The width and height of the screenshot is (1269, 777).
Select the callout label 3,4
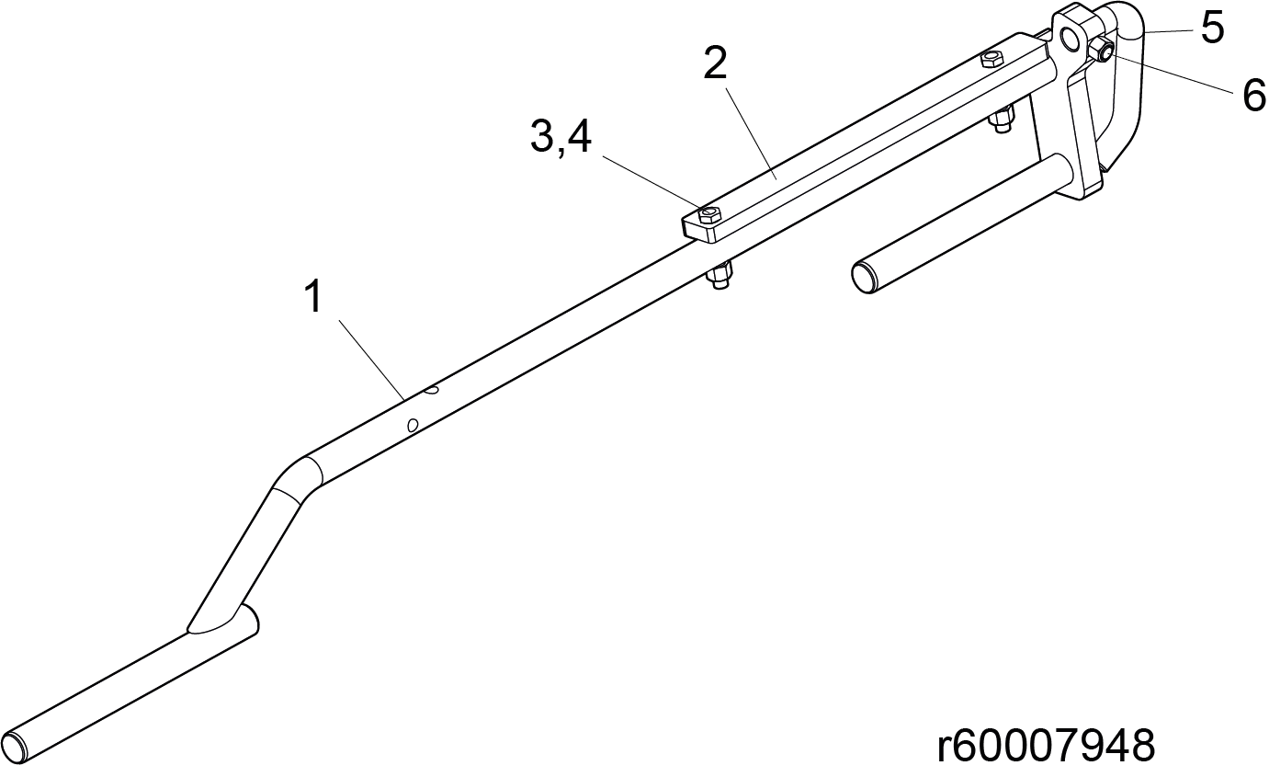tap(561, 137)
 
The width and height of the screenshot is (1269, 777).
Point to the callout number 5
tap(1212, 28)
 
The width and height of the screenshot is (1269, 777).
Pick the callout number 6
tap(1253, 95)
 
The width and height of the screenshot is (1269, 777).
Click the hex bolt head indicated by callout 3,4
tap(708, 215)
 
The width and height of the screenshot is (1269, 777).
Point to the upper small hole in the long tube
tap(432, 390)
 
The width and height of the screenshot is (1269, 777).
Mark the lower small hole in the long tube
tap(413, 425)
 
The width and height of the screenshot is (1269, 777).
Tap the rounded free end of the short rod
tap(865, 277)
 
